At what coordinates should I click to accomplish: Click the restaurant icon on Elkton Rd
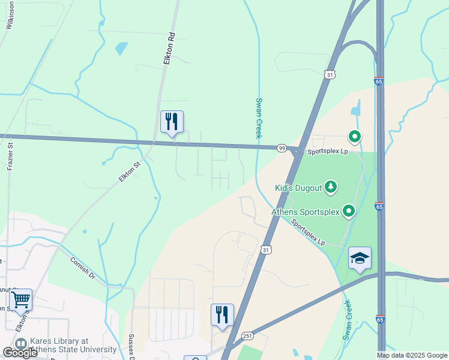[x=172, y=122]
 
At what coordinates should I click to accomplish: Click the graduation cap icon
[x=360, y=259]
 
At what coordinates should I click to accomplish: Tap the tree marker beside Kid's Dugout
[x=330, y=188]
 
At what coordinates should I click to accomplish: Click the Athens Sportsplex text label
[x=305, y=212]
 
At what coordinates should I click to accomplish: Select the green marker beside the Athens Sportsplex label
[x=349, y=211]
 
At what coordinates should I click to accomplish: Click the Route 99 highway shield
[x=281, y=148]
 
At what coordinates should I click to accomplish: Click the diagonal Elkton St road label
[x=129, y=172]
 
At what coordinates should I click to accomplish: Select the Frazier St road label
[x=10, y=156]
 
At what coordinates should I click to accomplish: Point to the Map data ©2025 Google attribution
[x=412, y=355]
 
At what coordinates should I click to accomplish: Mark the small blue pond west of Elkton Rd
[x=122, y=47]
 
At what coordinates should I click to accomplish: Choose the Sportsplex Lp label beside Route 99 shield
[x=328, y=152]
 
